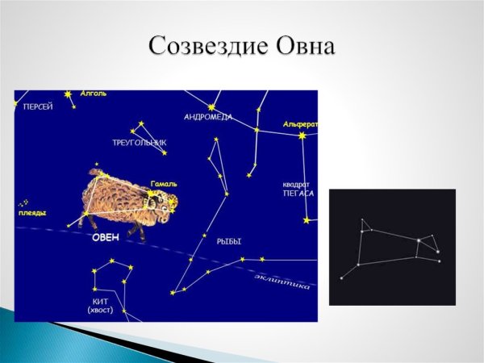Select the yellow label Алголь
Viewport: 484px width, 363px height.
94,94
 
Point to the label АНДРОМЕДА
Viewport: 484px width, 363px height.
207,117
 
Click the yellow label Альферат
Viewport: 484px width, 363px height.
300,124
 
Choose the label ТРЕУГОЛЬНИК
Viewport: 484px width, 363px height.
140,143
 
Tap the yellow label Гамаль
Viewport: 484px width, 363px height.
164,184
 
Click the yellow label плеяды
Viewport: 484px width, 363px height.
32,213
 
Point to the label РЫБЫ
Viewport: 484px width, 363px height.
229,241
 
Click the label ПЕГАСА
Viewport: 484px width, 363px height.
298,194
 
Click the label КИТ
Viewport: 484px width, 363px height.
100,301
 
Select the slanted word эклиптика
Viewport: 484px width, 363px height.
282,282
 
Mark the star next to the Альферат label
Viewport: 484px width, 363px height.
303,136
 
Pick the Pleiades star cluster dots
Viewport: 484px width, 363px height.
25,202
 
